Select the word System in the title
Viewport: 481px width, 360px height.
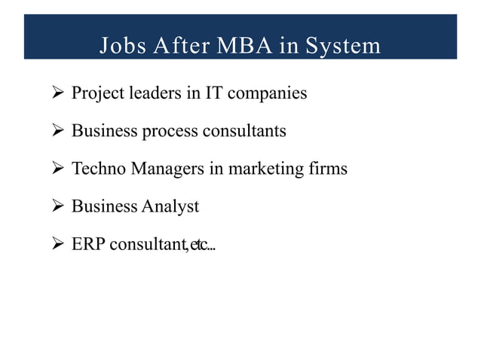tap(343, 47)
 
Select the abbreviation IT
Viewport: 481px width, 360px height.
tap(214, 94)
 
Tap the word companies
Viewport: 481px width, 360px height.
tap(268, 94)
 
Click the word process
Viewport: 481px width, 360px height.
tap(170, 131)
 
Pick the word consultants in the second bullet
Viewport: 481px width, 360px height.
tap(244, 131)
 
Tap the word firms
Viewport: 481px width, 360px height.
tap(328, 169)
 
